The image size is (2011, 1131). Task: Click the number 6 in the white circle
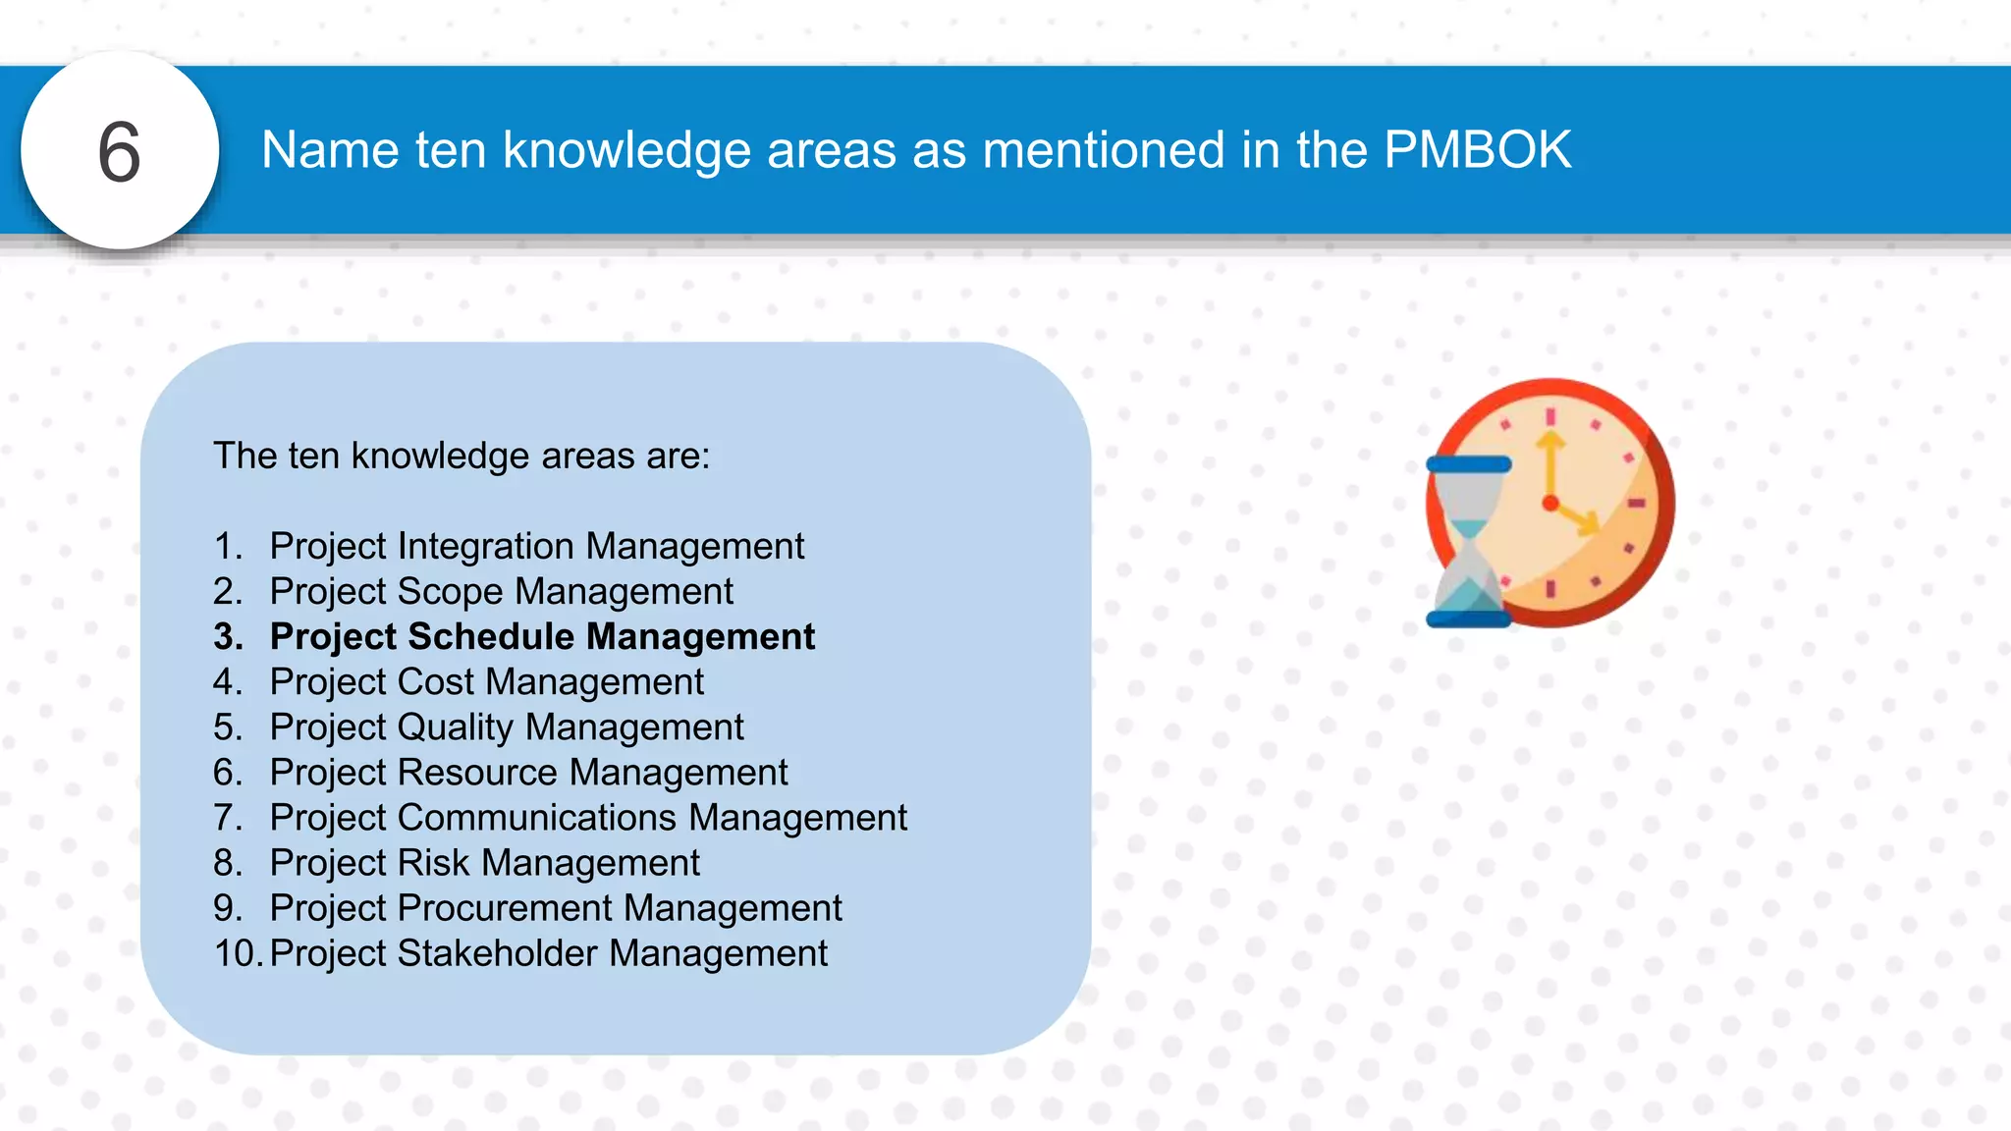tap(120, 152)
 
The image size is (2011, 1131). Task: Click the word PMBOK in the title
tap(1477, 150)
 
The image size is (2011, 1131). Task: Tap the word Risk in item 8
tap(433, 863)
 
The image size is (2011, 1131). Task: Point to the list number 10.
tap(237, 953)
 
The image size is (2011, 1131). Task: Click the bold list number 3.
tap(228, 636)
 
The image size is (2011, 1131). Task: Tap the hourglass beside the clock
tap(1468, 542)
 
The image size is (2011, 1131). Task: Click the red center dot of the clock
tap(1550, 504)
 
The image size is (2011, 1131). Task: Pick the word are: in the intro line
tap(678, 456)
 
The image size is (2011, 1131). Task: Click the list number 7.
tap(227, 818)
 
